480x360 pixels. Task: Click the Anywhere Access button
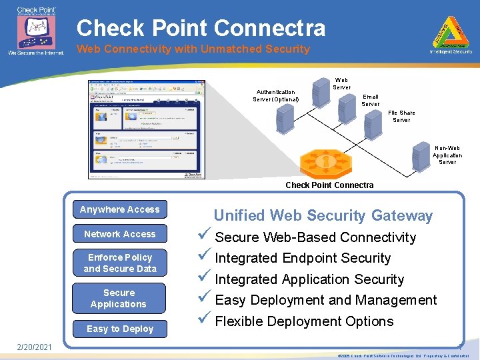pos(120,210)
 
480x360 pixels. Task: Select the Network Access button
pos(120,235)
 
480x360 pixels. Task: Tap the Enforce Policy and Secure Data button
pos(120,263)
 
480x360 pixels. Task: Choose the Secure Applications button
pos(119,299)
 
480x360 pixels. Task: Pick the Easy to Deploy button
pos(120,329)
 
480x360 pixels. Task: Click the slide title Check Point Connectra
pos(201,28)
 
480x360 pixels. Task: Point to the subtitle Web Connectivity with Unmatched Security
pos(193,49)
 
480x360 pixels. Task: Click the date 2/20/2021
pos(34,348)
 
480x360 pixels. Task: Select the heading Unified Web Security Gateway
pos(323,215)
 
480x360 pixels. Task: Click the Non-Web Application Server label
pos(447,155)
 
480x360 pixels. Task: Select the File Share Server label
pos(401,117)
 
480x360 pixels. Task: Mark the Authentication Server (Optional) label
pos(275,96)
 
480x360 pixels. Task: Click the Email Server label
pos(370,100)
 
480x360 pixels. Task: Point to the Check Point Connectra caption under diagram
pos(329,185)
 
